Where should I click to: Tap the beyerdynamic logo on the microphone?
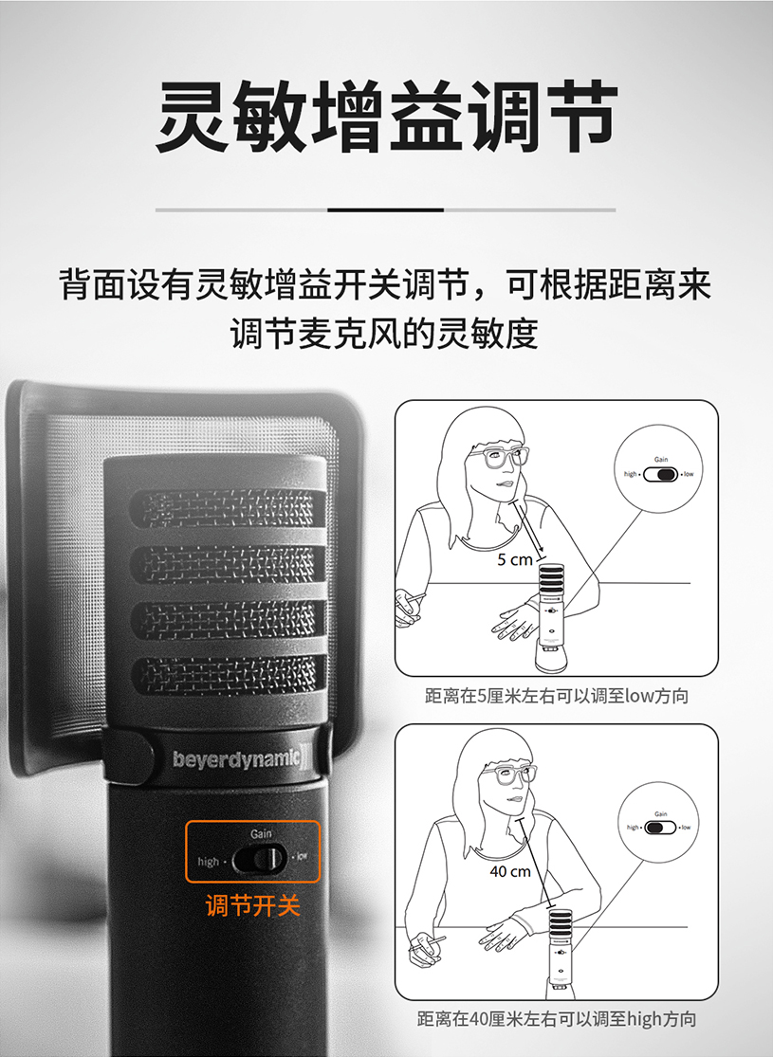click(x=237, y=758)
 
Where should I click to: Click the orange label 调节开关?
click(x=253, y=905)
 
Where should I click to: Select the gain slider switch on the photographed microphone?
click(x=260, y=859)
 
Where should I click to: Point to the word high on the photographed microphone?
click(x=208, y=862)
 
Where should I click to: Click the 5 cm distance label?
click(x=515, y=559)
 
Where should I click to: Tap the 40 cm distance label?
click(x=510, y=870)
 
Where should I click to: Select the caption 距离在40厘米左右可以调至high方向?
click(x=557, y=1020)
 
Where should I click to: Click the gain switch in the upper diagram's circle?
click(x=662, y=473)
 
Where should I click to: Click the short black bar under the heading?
click(x=385, y=210)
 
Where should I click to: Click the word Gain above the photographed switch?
click(x=262, y=832)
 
